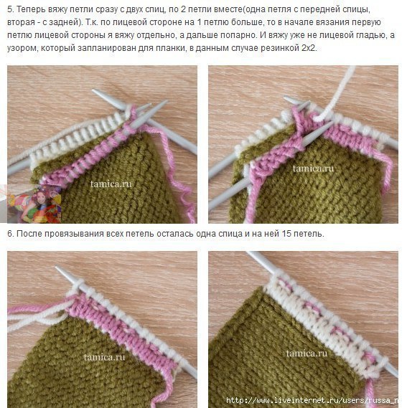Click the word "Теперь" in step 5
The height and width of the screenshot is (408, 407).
point(31,9)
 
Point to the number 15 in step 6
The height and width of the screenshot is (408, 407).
point(286,234)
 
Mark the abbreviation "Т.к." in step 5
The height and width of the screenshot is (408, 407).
point(90,22)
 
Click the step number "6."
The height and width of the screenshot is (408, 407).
point(11,234)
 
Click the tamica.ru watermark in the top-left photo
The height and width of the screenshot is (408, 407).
point(111,184)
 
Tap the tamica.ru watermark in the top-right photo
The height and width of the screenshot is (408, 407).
point(313,169)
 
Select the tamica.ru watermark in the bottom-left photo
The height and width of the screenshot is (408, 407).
point(105,357)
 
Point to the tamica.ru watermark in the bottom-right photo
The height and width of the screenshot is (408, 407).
point(307,353)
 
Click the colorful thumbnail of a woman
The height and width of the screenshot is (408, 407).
point(34,204)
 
